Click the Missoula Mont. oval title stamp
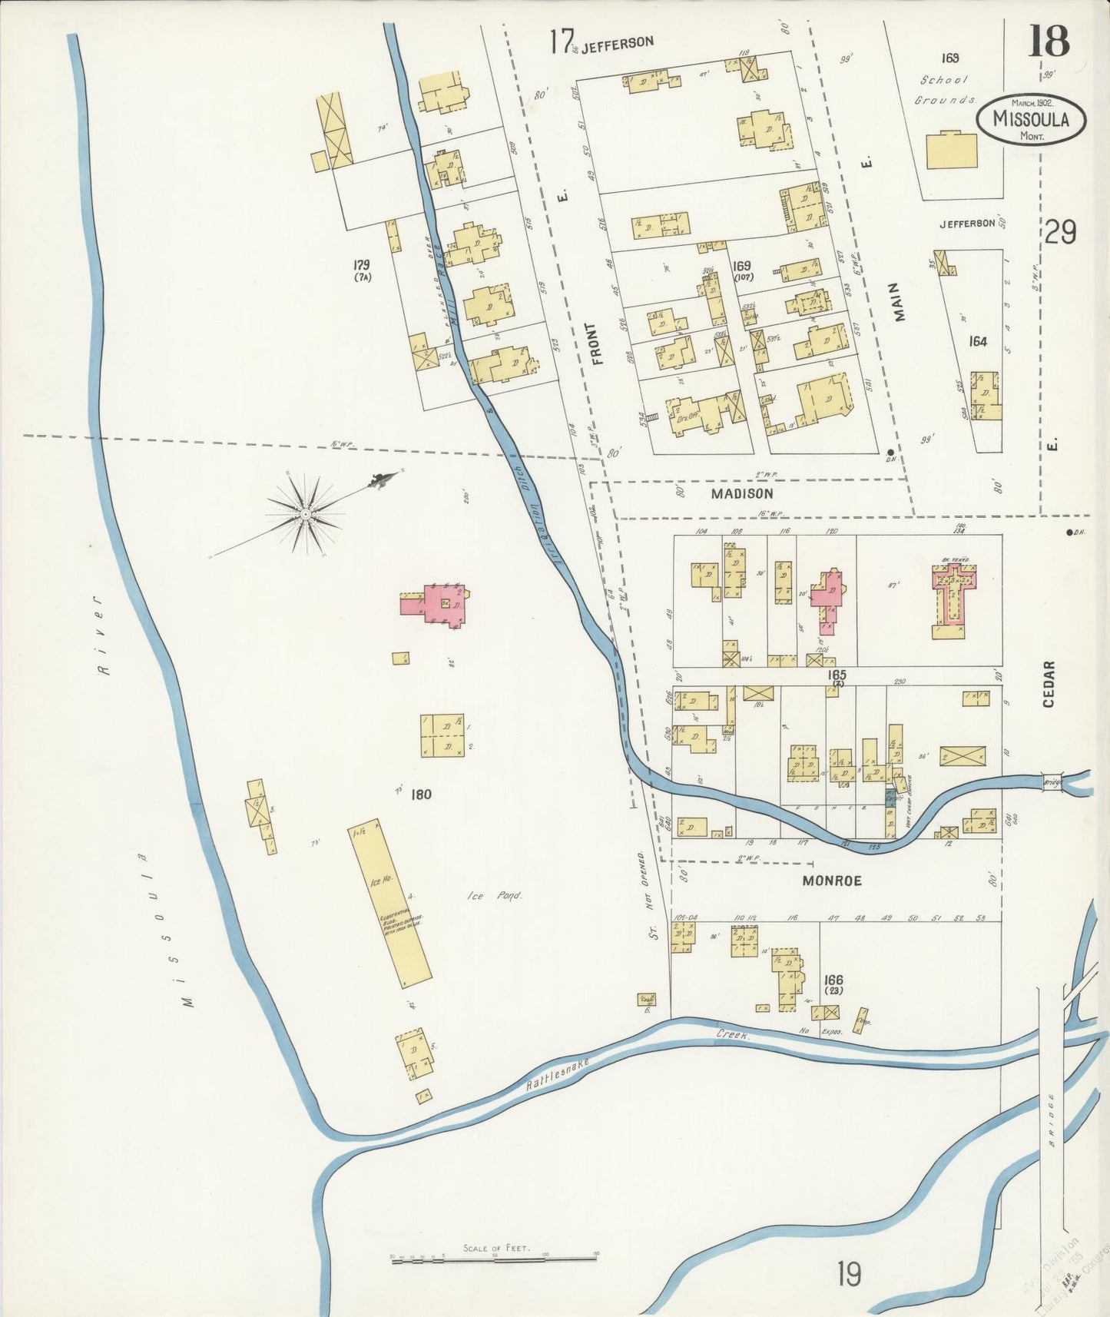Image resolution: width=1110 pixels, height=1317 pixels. [x=1032, y=119]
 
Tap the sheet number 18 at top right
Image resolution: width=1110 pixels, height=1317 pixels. [x=1049, y=41]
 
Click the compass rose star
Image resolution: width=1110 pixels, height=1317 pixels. [x=306, y=513]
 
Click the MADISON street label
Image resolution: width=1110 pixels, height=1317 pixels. [x=741, y=493]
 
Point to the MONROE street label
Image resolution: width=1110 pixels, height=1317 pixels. [x=831, y=881]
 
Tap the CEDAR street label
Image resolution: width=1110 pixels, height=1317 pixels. [x=1049, y=684]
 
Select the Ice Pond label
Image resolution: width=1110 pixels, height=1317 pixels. [x=495, y=896]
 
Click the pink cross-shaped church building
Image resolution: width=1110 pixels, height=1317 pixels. [x=953, y=592]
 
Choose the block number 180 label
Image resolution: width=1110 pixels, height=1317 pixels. [x=421, y=794]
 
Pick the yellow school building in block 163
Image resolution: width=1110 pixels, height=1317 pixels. [x=952, y=151]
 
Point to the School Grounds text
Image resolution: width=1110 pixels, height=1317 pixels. [x=945, y=90]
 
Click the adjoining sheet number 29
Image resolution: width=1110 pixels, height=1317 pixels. [x=1061, y=231]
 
